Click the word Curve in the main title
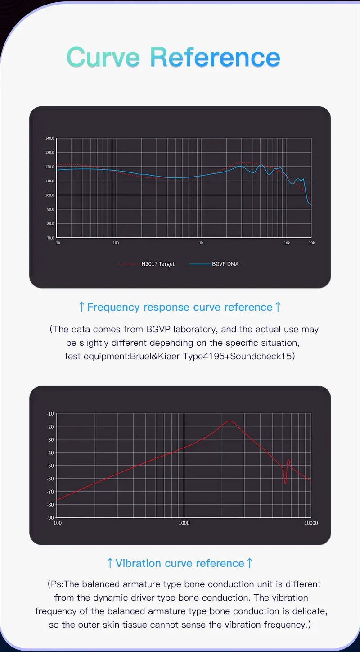[103, 57]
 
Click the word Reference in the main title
[215, 57]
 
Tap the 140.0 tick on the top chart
[50, 138]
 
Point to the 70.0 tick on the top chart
[50, 238]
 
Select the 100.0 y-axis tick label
[50, 195]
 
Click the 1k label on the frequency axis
[201, 243]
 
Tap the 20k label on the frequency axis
[312, 243]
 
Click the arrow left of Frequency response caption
[82, 307]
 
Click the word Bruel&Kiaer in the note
[155, 356]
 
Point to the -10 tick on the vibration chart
[50, 414]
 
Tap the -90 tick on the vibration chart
[50, 517]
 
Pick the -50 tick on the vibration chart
[50, 466]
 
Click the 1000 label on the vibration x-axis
[184, 523]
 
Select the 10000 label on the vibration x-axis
[311, 523]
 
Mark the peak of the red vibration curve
[230, 421]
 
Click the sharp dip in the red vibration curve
[285, 483]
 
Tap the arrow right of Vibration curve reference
[249, 563]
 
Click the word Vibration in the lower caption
[139, 563]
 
